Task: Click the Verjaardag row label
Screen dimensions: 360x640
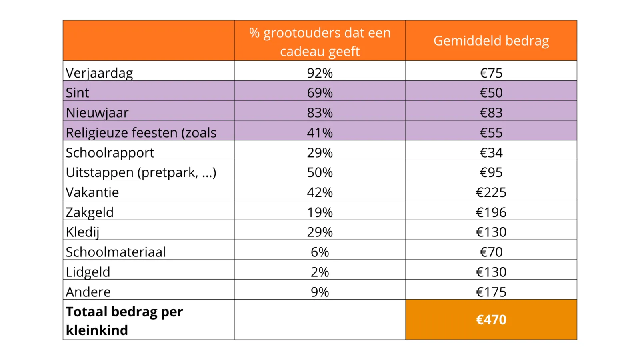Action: [99, 73]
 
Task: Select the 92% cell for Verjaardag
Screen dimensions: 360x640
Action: [320, 73]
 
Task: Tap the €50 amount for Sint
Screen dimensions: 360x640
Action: [491, 93]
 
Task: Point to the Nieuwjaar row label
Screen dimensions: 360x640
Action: [97, 113]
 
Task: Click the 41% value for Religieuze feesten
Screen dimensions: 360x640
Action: [320, 133]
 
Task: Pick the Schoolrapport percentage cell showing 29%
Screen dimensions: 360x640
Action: [320, 153]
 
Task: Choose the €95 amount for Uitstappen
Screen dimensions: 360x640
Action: [491, 172]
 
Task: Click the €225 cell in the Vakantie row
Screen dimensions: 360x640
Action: [491, 192]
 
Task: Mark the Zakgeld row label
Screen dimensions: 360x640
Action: [90, 212]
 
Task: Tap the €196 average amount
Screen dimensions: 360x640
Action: [491, 212]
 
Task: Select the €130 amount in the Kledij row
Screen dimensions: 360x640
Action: [491, 232]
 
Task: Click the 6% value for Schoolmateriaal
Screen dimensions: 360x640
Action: [320, 252]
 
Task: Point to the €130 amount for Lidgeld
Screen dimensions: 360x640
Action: [491, 272]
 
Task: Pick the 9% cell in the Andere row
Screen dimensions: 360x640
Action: [320, 292]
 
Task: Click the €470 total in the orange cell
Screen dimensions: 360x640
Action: [491, 320]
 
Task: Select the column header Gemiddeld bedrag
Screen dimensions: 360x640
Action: [491, 41]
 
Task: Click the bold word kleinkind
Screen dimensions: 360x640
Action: [97, 330]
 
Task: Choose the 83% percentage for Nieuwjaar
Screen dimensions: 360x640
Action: [320, 113]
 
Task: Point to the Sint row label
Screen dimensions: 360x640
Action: [78, 93]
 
